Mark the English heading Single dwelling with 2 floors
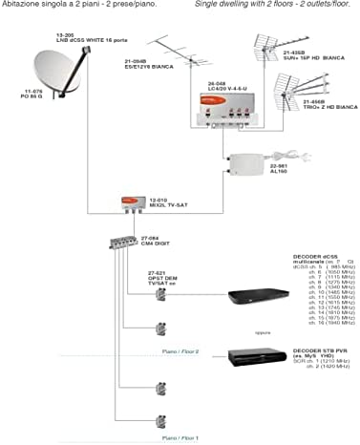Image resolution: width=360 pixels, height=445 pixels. (273, 5)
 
